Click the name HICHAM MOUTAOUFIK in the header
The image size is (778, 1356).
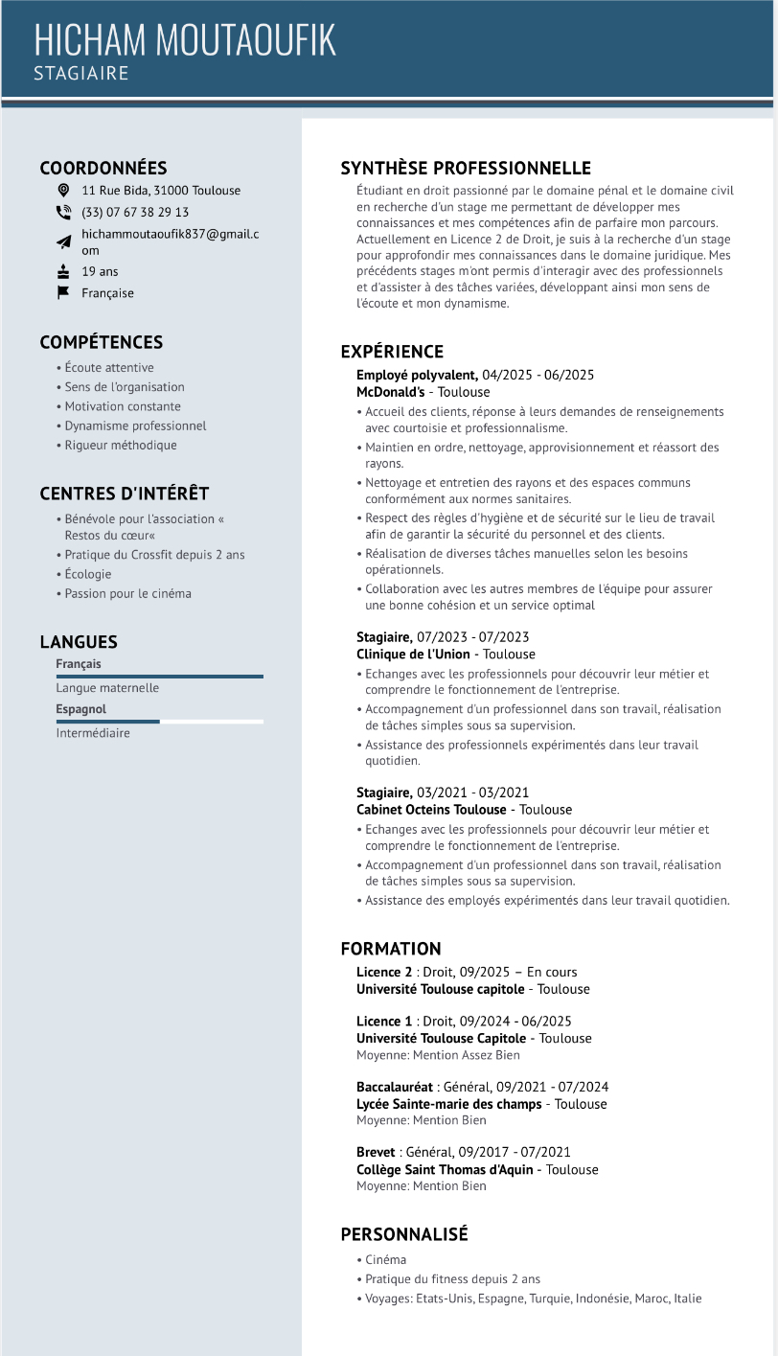(x=185, y=40)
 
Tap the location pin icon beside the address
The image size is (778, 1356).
(x=64, y=190)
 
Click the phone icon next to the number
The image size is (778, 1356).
(x=64, y=213)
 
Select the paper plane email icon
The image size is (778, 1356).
(x=64, y=241)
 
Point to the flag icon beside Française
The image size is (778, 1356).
(x=64, y=293)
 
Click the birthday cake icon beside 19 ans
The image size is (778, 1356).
(x=64, y=271)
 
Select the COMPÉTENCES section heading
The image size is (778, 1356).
(x=102, y=342)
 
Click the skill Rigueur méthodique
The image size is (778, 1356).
(x=121, y=446)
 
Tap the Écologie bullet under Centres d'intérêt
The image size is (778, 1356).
(x=88, y=574)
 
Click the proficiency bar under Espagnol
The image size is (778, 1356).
(x=159, y=722)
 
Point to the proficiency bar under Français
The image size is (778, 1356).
(x=159, y=677)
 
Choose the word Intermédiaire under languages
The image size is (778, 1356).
(x=93, y=733)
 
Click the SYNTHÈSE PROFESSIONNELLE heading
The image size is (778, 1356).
(x=466, y=169)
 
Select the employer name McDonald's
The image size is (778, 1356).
(x=391, y=392)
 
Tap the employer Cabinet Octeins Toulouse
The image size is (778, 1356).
(x=431, y=810)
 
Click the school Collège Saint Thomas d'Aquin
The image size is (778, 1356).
(x=445, y=1169)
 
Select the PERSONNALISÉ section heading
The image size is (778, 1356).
(x=404, y=1234)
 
